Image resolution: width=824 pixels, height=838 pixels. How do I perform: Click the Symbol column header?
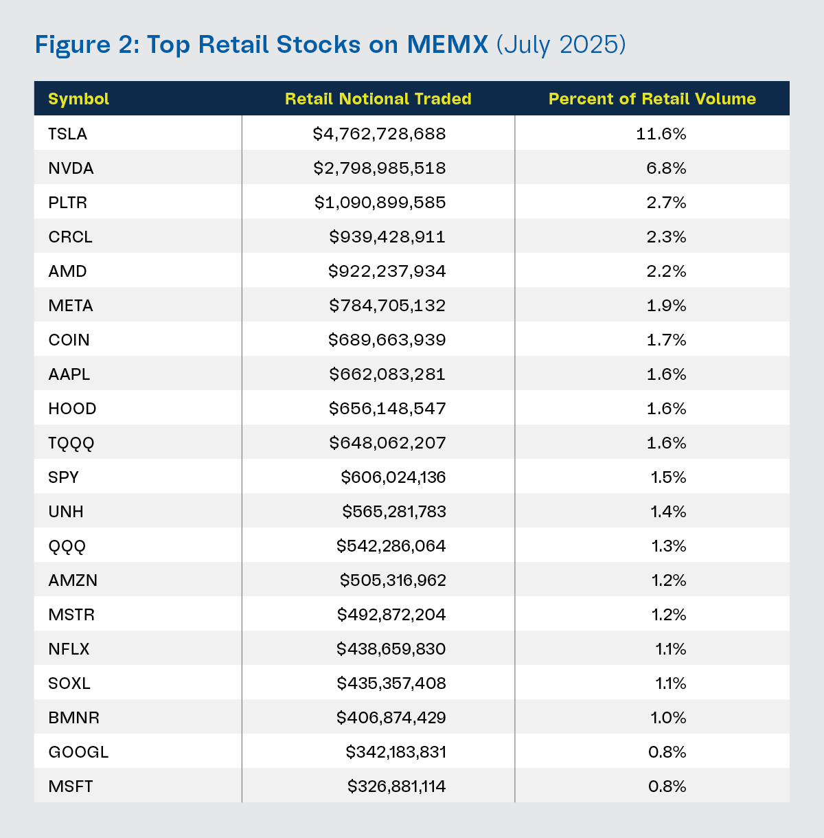pyautogui.click(x=79, y=99)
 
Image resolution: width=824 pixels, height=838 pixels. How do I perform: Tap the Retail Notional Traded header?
pyautogui.click(x=378, y=99)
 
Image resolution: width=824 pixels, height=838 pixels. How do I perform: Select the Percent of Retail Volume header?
pyautogui.click(x=652, y=99)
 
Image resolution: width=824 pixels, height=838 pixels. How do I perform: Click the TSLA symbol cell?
pyautogui.click(x=68, y=134)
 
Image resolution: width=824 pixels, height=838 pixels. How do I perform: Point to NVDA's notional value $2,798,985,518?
pyautogui.click(x=380, y=168)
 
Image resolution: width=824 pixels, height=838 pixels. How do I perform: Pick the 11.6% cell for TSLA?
pyautogui.click(x=661, y=134)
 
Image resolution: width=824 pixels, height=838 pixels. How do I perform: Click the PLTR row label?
pyautogui.click(x=68, y=203)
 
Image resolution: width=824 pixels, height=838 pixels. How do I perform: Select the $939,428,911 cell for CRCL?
pyautogui.click(x=387, y=237)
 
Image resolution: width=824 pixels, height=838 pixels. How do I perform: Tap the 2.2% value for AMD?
pyautogui.click(x=666, y=271)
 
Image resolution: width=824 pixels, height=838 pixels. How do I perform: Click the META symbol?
pyautogui.click(x=71, y=306)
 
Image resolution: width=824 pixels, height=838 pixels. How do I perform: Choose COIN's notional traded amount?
pyautogui.click(x=387, y=340)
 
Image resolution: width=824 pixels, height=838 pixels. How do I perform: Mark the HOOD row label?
pyautogui.click(x=72, y=409)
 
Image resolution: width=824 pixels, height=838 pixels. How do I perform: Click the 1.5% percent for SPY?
pyautogui.click(x=668, y=477)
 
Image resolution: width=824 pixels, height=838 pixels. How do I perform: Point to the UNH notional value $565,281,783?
pyautogui.click(x=394, y=512)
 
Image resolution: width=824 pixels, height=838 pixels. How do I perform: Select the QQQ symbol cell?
pyautogui.click(x=67, y=546)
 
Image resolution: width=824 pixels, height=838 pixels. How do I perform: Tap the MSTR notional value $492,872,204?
pyautogui.click(x=391, y=615)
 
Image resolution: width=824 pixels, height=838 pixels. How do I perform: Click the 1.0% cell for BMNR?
pyautogui.click(x=668, y=718)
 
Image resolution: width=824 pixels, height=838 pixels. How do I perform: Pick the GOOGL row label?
pyautogui.click(x=78, y=752)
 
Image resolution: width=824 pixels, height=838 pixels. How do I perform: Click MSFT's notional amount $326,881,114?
pyautogui.click(x=396, y=786)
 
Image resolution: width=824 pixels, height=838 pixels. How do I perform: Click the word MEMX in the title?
pyautogui.click(x=447, y=45)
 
